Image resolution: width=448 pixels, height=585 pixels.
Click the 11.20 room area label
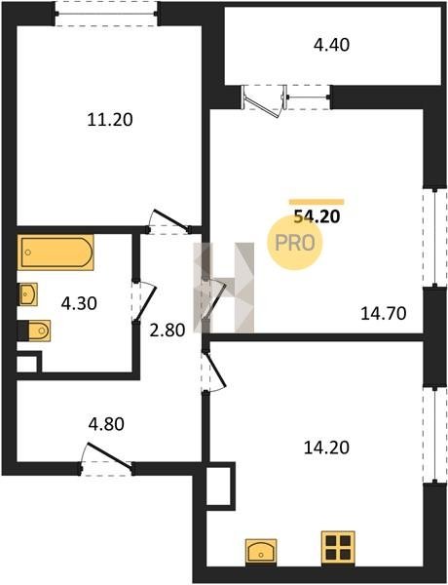tap(110, 120)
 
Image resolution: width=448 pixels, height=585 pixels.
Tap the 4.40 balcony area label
tap(331, 45)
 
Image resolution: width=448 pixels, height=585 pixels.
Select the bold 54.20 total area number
tap(317, 216)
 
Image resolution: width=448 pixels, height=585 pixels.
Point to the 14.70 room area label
tap(383, 313)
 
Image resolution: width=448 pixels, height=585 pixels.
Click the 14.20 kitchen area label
tap(326, 448)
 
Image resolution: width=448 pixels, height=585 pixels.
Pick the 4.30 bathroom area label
tap(79, 303)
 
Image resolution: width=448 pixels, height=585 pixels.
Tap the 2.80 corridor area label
tap(167, 331)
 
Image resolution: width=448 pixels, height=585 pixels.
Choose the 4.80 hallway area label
tap(106, 424)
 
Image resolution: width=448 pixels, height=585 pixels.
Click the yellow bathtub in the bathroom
tap(56, 253)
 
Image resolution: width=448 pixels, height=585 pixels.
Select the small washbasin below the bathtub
tap(27, 294)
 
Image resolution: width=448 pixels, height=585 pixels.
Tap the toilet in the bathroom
tap(35, 331)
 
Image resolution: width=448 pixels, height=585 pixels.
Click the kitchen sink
tap(261, 551)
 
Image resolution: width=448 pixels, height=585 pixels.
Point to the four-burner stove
tap(338, 546)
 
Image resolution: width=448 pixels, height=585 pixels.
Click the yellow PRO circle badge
tap(294, 243)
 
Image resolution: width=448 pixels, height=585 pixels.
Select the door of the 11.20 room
tap(168, 222)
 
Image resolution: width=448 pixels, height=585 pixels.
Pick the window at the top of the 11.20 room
tap(106, 14)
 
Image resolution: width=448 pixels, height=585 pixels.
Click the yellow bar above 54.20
tap(317, 202)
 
